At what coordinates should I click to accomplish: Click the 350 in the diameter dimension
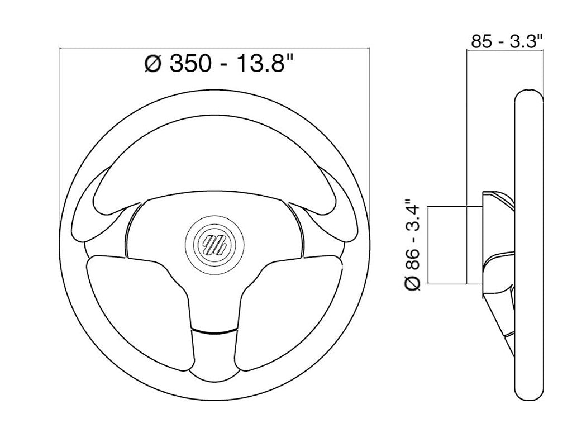[191, 63]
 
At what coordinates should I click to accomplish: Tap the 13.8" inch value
[265, 63]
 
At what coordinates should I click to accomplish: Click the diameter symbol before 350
[152, 64]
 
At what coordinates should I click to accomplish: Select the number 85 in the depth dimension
[482, 41]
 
